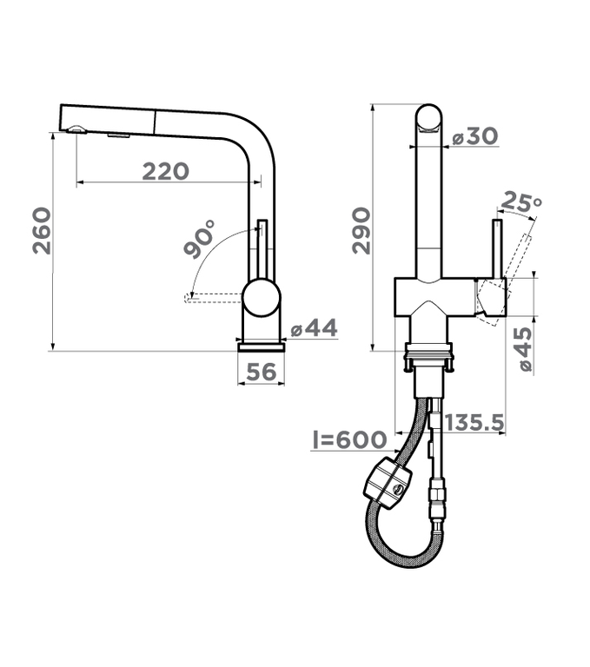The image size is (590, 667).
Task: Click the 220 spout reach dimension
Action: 165,171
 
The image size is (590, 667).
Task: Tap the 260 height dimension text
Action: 42,230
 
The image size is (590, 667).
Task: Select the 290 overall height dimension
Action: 361,230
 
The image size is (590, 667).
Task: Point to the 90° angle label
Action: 199,239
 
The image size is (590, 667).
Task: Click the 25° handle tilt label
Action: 522,201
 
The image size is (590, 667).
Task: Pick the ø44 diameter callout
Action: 314,328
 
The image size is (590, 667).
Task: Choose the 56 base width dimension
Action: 261,372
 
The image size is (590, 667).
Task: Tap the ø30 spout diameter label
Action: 474,136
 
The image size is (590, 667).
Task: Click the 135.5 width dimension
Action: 474,422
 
